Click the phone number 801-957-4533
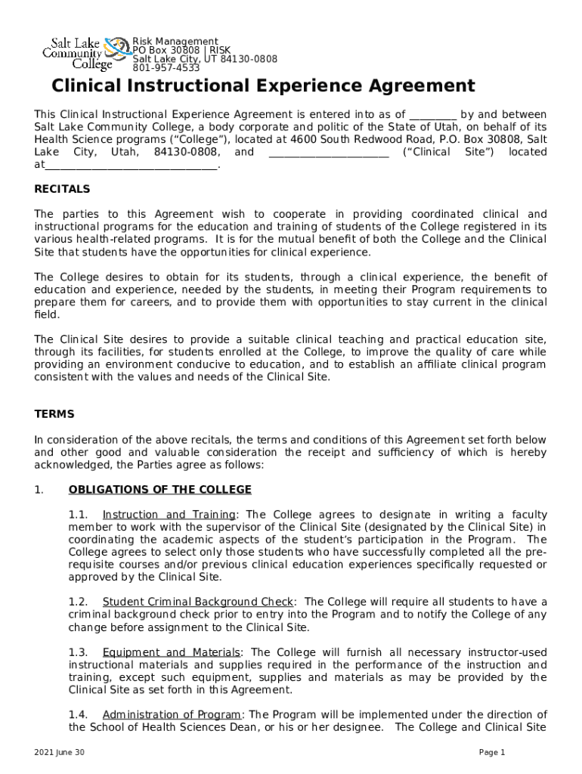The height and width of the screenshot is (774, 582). pos(166,68)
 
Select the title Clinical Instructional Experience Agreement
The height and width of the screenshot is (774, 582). pos(263,85)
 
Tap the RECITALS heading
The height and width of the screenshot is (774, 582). pos(62,189)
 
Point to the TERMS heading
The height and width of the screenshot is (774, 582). pos(54,414)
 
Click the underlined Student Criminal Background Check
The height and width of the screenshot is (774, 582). pos(197,602)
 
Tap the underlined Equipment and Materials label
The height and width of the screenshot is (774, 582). pos(172,652)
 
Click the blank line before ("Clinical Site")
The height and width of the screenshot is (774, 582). pos(328,153)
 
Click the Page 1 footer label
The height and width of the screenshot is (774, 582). pos(492,753)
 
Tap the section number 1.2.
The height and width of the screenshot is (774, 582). pos(78,602)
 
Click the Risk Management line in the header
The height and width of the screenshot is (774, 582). pos(175,42)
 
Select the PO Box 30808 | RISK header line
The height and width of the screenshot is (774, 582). pos(181,50)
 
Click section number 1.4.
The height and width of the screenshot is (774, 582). pos(78,714)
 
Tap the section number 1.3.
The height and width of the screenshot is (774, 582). pos(78,652)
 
